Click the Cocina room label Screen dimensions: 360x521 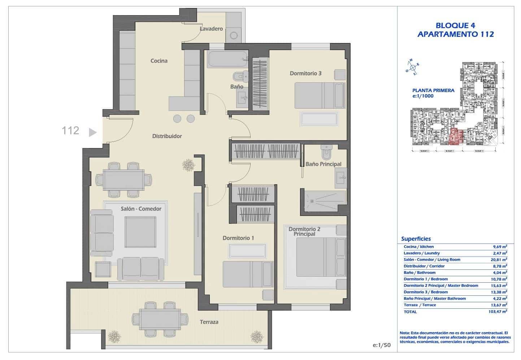pos(159,61)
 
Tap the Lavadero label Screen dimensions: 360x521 pos(211,29)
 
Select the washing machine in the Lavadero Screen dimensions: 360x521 pos(234,35)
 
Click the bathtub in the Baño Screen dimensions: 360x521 pos(227,59)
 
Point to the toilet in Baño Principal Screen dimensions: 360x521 pos(326,152)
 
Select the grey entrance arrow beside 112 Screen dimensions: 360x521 pos(93,132)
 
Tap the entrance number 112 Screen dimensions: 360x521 pos(70,130)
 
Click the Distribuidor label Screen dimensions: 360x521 pos(167,136)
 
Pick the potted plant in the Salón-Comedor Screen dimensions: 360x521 pos(188,165)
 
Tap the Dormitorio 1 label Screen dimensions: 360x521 pos(238,238)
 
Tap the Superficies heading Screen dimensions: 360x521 pos(416,239)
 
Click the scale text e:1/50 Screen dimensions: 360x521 pos(381,345)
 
